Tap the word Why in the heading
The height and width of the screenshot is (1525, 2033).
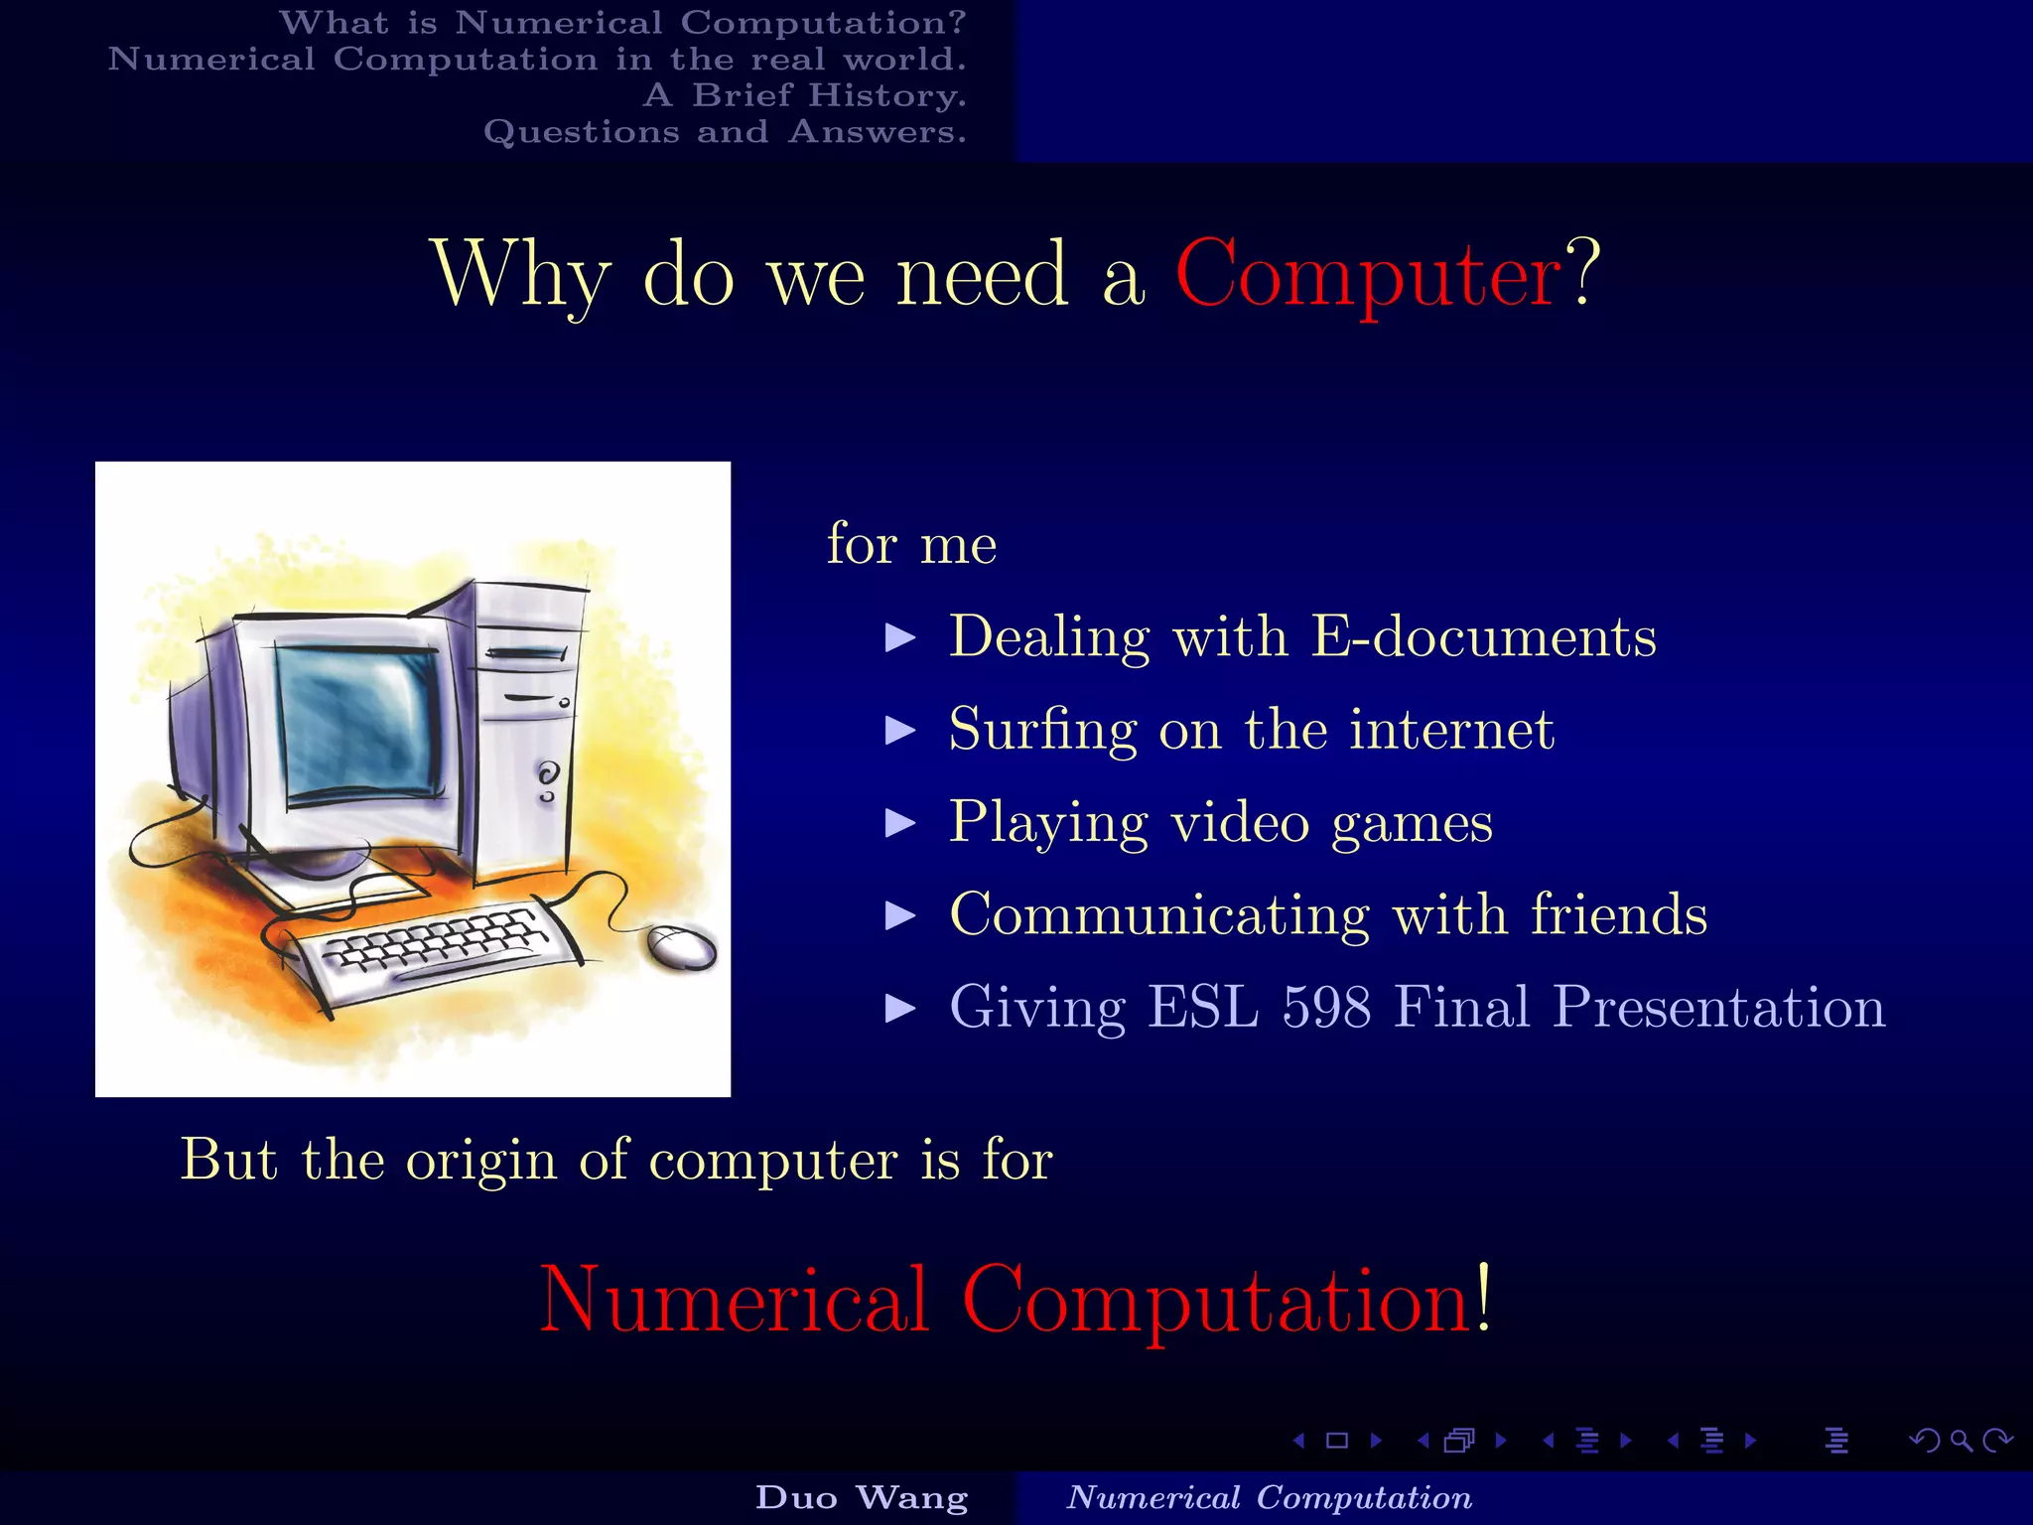click(520, 275)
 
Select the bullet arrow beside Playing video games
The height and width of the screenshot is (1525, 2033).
click(900, 823)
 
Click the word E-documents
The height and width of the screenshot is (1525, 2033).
click(1484, 636)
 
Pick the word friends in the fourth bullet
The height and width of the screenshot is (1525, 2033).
click(1618, 914)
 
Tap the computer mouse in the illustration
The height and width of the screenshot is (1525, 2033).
click(681, 947)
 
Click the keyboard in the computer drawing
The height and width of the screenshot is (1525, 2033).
click(437, 948)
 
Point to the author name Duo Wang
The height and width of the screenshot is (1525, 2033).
click(862, 1497)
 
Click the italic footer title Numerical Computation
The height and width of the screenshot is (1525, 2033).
click(1269, 1497)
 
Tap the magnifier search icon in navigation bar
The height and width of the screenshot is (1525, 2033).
click(1961, 1441)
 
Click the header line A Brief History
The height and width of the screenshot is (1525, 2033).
click(804, 95)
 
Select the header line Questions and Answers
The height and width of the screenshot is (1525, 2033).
click(725, 132)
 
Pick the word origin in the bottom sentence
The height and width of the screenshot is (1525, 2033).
click(480, 1160)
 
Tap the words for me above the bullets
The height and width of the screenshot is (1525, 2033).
click(911, 544)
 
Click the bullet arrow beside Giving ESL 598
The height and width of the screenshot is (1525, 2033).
click(900, 1009)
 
